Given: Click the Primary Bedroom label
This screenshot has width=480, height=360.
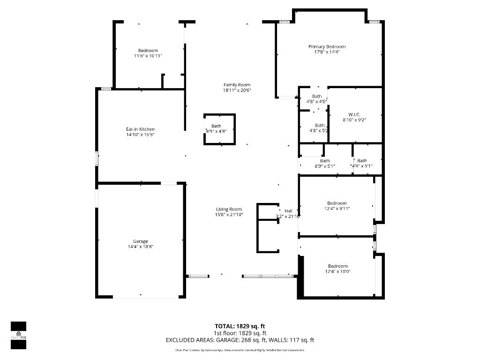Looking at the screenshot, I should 327,46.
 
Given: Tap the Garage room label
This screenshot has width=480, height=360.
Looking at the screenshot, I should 141,241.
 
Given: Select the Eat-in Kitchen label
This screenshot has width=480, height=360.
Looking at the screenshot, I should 140,129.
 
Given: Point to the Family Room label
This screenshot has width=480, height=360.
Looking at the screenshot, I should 237,85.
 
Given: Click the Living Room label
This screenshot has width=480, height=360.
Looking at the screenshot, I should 229,210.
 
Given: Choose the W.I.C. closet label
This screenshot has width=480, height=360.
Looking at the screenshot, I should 354,114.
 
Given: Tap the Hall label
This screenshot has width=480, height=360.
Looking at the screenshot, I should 288,211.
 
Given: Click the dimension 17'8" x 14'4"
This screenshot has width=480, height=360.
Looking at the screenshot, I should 327,52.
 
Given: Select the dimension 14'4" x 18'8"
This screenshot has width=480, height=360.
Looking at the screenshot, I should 141,247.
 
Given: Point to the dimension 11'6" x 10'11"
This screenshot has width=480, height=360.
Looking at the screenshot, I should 148,56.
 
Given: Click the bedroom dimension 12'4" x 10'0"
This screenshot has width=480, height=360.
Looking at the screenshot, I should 337,271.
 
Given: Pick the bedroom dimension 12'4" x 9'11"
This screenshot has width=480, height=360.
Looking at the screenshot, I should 337,209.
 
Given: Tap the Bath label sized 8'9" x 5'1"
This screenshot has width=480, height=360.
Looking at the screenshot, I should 325,161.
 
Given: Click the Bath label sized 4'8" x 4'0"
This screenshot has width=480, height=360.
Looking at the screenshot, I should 317,96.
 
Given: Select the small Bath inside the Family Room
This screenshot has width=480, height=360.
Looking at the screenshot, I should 216,126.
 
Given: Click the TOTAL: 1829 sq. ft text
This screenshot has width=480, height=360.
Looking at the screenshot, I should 240,326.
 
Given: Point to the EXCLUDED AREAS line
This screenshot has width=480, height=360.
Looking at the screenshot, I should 240,340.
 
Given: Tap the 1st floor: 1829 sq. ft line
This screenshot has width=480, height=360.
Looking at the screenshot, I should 240,333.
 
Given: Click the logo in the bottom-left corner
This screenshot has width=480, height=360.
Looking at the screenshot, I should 18,335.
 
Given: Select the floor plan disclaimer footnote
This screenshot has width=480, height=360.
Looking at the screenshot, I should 240,350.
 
